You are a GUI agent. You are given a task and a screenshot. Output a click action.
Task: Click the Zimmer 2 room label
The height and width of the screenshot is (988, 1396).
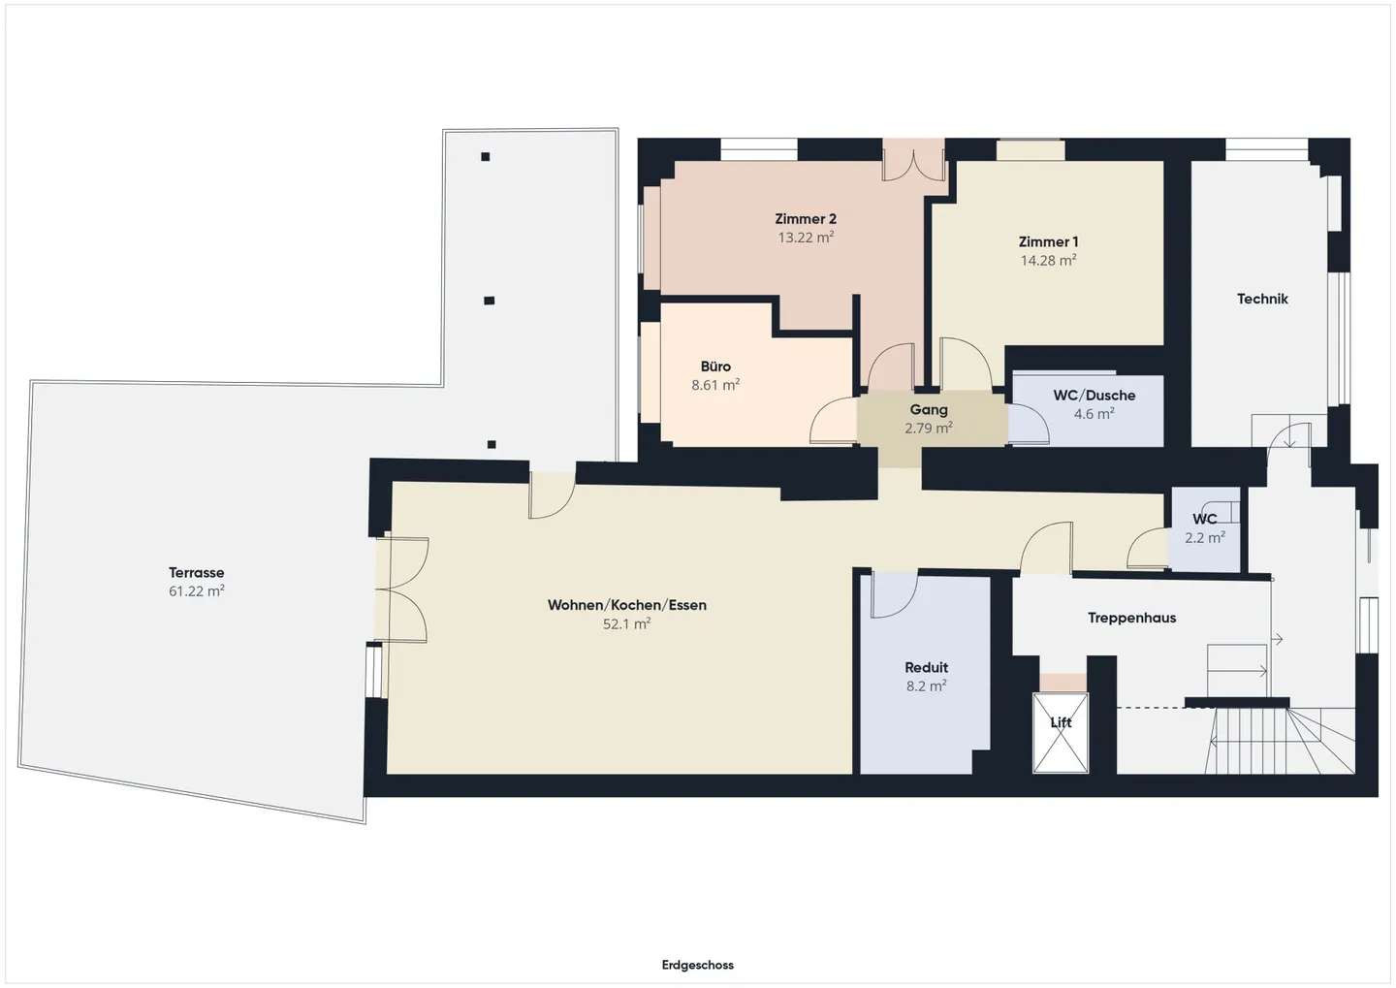806,219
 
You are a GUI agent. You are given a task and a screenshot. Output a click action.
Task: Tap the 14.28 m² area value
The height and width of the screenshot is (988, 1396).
1048,260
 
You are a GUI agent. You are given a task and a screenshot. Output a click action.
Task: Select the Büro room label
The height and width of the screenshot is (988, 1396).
715,366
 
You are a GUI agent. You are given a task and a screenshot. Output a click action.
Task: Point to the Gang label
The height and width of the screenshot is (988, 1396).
929,409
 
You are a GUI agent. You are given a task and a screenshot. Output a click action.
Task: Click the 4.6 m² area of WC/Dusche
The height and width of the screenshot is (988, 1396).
1094,413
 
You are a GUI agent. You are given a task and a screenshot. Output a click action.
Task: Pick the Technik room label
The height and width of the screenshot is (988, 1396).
1262,299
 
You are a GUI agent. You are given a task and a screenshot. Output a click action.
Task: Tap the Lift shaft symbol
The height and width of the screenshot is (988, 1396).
1061,733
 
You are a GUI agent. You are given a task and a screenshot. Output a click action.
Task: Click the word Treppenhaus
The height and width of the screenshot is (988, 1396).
1131,618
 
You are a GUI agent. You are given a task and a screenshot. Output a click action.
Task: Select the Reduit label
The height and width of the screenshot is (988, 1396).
927,667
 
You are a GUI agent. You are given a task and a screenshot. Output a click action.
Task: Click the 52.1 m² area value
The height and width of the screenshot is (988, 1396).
626,623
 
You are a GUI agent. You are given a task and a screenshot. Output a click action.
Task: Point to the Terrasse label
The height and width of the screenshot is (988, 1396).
196,572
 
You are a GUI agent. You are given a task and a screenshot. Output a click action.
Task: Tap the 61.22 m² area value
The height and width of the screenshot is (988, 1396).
196,590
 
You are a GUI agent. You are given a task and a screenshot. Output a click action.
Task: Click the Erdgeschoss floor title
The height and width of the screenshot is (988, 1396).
697,965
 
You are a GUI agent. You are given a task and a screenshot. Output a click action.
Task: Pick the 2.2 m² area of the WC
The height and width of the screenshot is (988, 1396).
1205,537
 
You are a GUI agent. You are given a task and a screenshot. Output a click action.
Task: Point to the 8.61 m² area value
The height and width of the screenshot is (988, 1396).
715,385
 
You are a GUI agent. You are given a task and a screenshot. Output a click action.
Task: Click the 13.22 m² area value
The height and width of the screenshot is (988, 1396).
806,237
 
